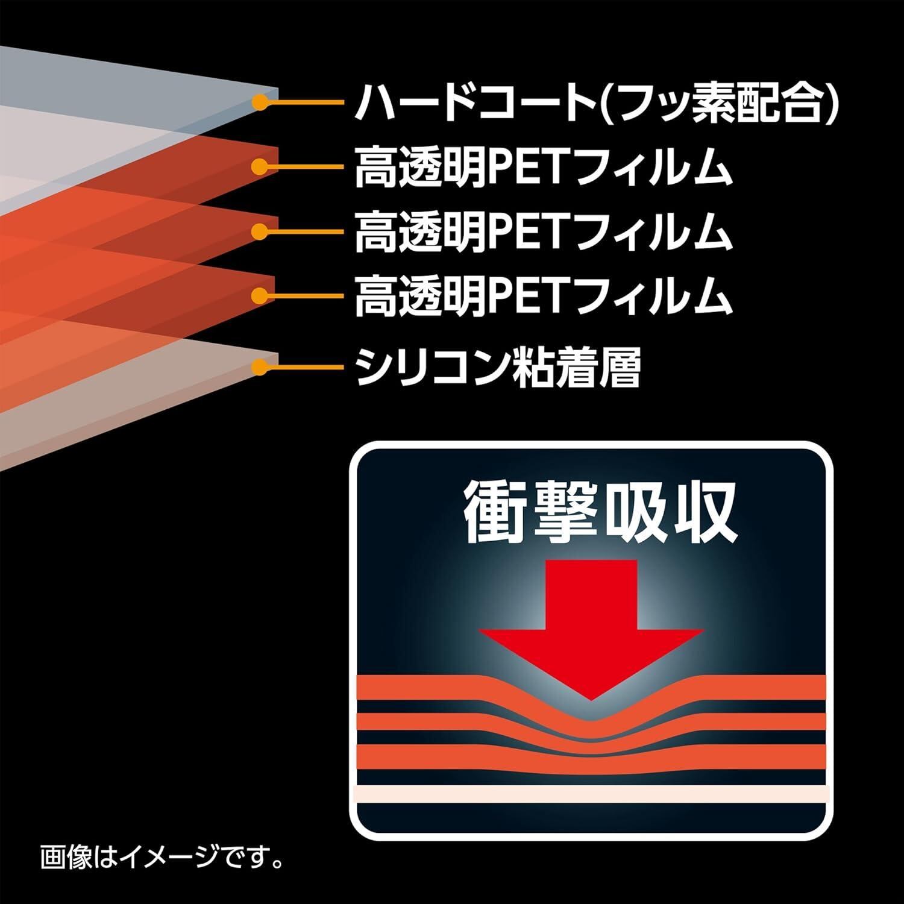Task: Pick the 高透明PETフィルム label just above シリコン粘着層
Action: pos(542,296)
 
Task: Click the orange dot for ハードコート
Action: pos(260,102)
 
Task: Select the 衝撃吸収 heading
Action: pos(599,514)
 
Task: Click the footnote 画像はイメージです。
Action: pos(162,857)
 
